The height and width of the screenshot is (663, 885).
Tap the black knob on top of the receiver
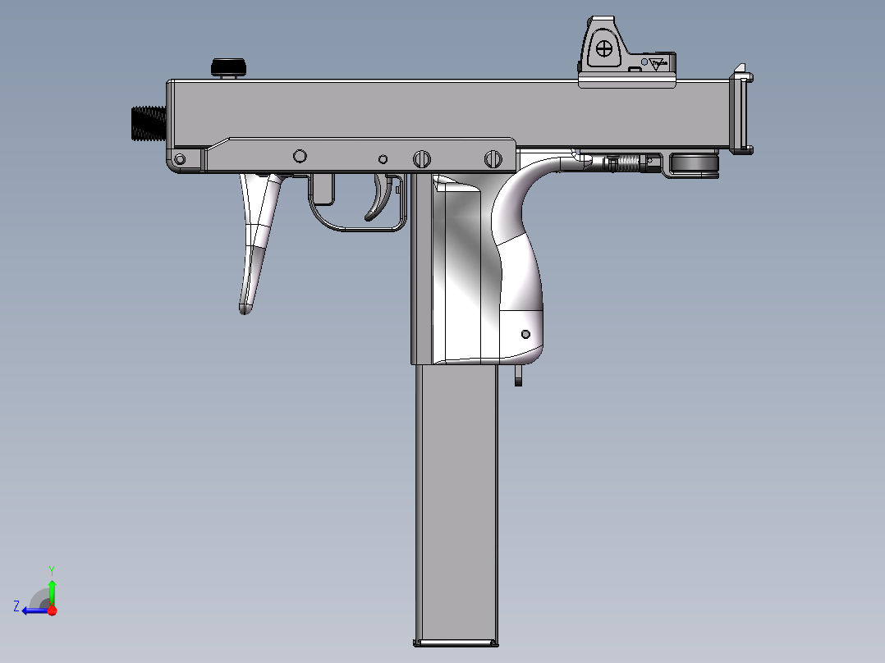click(x=229, y=66)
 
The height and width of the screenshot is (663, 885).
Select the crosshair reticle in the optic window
click(x=604, y=48)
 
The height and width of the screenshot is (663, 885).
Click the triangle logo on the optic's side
click(x=658, y=64)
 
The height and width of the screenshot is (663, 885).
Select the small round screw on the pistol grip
click(x=525, y=334)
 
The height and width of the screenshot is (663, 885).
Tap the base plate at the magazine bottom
click(x=456, y=642)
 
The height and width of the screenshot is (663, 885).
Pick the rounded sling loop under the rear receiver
click(x=695, y=164)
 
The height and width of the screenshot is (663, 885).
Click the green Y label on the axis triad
click(x=51, y=569)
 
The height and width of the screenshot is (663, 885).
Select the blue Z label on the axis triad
click(x=16, y=606)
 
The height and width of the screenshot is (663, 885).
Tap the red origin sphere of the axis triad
click(x=52, y=610)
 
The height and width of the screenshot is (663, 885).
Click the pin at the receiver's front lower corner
click(x=181, y=158)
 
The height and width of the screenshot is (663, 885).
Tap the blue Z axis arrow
click(x=34, y=610)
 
